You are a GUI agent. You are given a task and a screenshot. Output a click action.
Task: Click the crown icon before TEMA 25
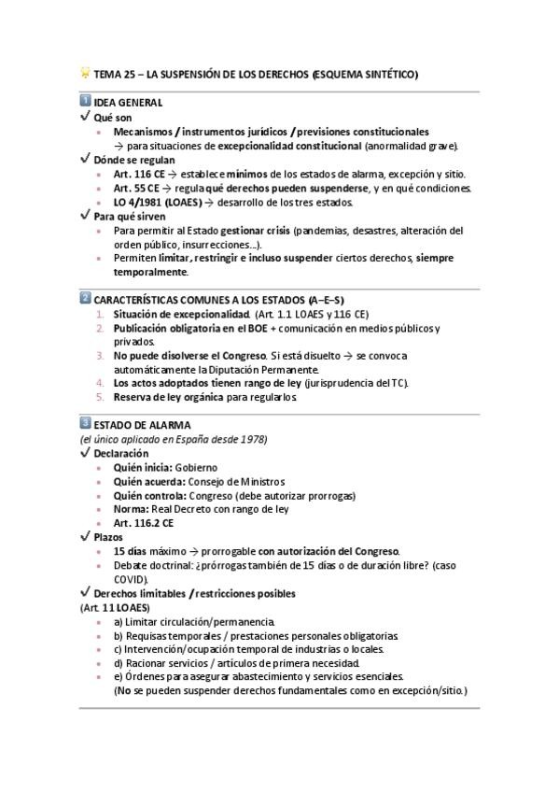85,73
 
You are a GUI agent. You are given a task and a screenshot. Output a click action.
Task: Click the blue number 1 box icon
85,101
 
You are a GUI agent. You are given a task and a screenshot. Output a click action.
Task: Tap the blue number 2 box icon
85,299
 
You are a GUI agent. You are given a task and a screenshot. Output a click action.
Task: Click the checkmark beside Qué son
85,118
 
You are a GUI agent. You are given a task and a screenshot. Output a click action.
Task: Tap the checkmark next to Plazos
85,536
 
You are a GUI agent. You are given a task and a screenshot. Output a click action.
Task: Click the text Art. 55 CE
133,188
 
